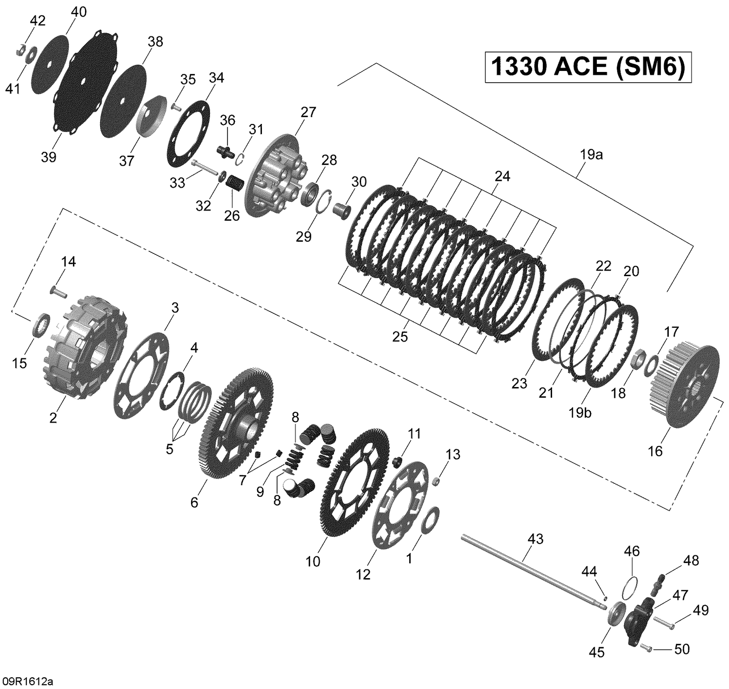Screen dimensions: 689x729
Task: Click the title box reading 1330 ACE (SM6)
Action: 588,67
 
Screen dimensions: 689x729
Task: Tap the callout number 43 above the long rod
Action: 535,539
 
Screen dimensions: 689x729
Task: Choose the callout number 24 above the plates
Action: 502,177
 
